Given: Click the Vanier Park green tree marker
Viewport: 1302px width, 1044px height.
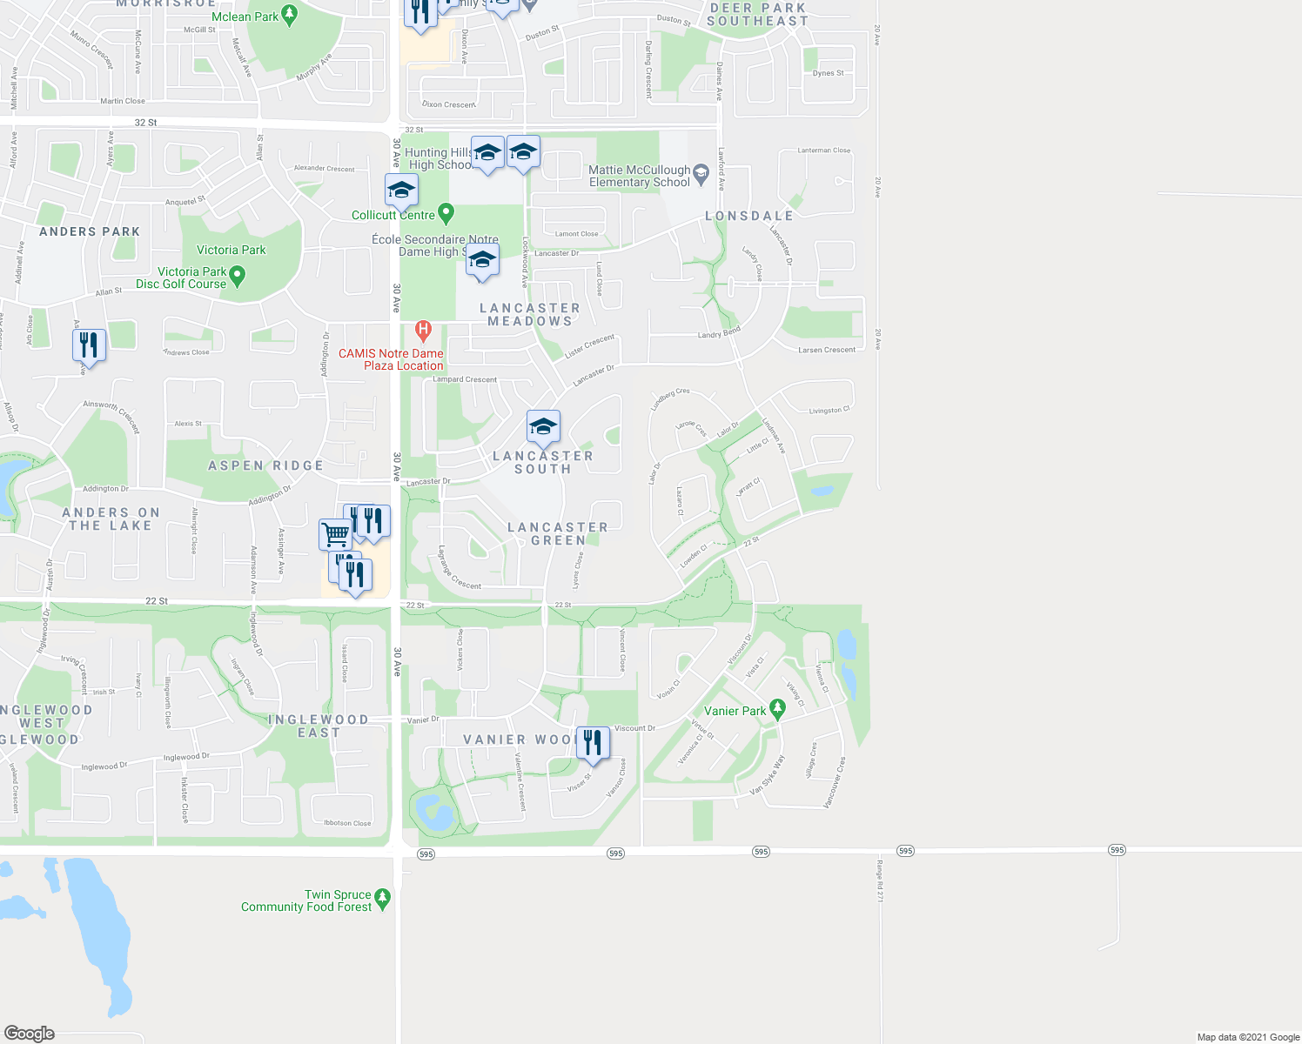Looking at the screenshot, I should [x=778, y=710].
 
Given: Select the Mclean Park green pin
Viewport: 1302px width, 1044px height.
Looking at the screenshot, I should [x=291, y=15].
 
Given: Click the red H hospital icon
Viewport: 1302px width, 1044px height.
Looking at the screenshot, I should [x=424, y=330].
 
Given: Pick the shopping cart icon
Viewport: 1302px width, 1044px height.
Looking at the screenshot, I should [x=335, y=532].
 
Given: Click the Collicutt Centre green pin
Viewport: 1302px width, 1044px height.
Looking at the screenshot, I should [x=446, y=211].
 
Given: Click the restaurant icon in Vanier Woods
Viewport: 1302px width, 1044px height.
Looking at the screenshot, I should [x=593, y=743].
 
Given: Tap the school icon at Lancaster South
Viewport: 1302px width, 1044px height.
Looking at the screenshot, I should [x=543, y=426].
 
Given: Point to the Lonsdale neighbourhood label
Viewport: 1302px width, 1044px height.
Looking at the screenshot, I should [x=749, y=216].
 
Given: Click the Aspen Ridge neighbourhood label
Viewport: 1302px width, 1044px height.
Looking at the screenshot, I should [x=265, y=465].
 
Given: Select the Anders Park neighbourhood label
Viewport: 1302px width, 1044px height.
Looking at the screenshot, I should [x=90, y=231].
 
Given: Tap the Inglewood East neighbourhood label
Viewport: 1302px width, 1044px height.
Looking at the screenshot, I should [x=319, y=726].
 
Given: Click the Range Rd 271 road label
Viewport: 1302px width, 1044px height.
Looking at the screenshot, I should [x=879, y=880].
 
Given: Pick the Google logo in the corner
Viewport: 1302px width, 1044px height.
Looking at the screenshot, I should [x=30, y=1033].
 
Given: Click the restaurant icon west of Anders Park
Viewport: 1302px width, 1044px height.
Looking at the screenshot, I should [x=89, y=345].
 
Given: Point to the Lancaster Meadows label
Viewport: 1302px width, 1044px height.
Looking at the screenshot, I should [x=529, y=314].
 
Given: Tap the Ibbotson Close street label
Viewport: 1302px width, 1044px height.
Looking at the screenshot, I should [x=347, y=823].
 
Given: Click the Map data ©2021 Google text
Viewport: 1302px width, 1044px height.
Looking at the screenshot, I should [x=1248, y=1037].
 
